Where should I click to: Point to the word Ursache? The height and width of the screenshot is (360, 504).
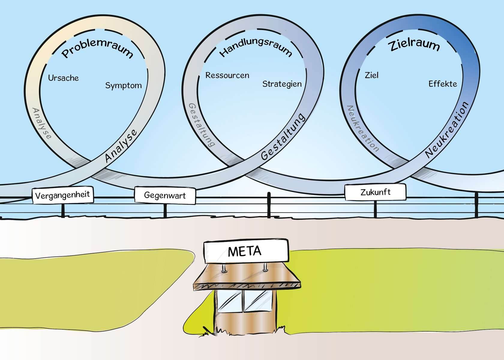(63, 78)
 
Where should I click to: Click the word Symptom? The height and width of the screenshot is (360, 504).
(123, 85)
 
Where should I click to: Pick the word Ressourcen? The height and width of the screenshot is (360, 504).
(227, 75)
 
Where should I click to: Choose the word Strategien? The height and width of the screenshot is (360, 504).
(282, 84)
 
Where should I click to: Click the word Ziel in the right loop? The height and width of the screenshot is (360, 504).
(371, 75)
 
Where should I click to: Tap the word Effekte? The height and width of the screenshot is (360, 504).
(442, 84)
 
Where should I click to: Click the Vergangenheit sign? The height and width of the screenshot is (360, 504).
(62, 195)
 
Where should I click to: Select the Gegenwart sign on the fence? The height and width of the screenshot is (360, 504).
(165, 195)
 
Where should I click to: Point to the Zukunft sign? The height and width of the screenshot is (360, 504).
(375, 192)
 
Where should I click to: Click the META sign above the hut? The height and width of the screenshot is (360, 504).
(245, 251)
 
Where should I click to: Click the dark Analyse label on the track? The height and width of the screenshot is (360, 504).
(121, 146)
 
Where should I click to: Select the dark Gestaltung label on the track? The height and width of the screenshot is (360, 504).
(283, 136)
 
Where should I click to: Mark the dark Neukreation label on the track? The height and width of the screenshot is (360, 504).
(447, 130)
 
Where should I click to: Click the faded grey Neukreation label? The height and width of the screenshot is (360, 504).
(362, 128)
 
